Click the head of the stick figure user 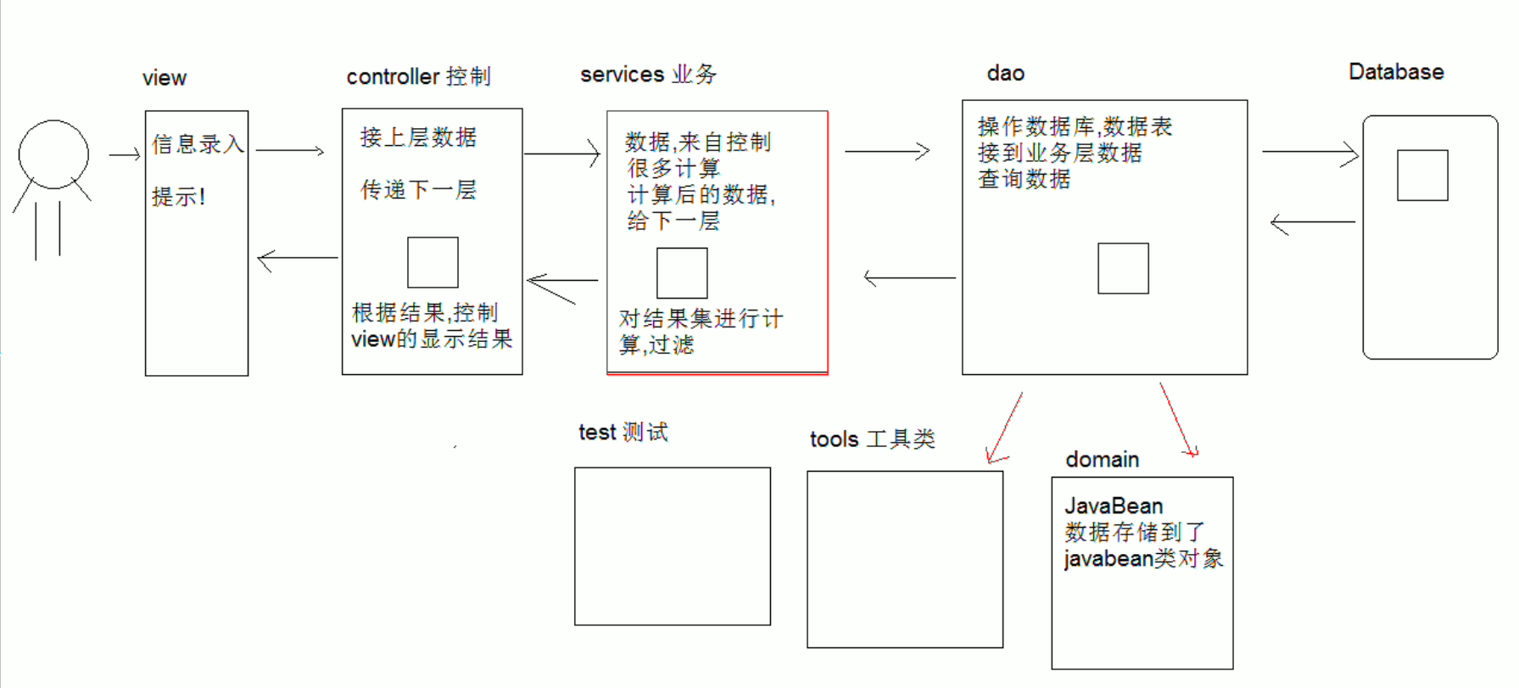click(x=53, y=154)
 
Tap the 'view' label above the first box click(x=164, y=78)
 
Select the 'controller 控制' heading click(x=418, y=76)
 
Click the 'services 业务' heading click(x=648, y=75)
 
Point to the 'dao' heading click(x=1005, y=73)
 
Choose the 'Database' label click(x=1396, y=72)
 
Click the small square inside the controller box click(x=433, y=263)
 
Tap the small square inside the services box click(x=682, y=273)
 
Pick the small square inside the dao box click(x=1123, y=268)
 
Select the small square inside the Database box click(x=1422, y=176)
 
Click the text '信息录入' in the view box click(x=198, y=144)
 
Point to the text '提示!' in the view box click(x=178, y=197)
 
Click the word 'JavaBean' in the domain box click(x=1114, y=506)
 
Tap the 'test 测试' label click(x=623, y=433)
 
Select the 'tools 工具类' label click(x=872, y=439)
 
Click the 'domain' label click(x=1102, y=460)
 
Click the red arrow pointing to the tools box click(x=1005, y=428)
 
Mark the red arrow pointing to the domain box click(x=1178, y=420)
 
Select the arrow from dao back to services click(x=909, y=277)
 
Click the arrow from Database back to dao click(x=1312, y=223)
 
